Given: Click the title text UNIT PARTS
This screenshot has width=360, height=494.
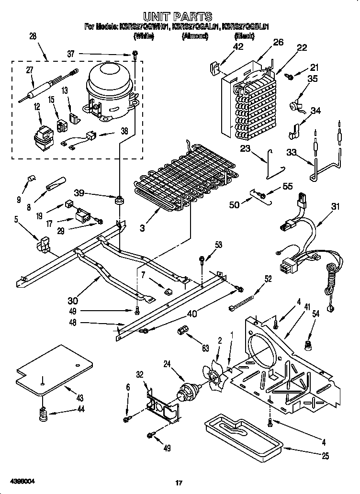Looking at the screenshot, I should [178, 18].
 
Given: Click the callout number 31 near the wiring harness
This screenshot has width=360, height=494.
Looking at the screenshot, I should [335, 207].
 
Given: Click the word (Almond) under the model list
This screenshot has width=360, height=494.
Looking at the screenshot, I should [194, 36].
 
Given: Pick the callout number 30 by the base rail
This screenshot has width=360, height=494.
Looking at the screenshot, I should [73, 301].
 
